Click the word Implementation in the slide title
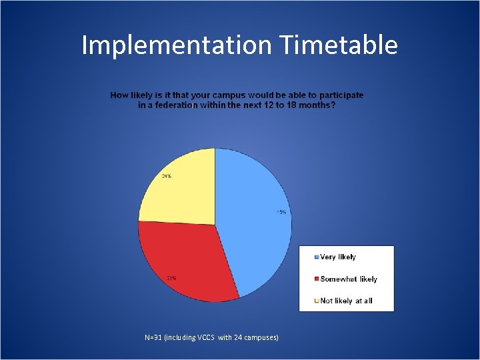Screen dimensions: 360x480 coord(175,45)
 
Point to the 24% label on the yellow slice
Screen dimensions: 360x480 coord(166,176)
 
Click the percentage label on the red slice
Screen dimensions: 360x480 coord(171,277)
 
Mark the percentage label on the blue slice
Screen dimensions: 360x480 coord(281,213)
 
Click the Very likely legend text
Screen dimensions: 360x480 coord(338,257)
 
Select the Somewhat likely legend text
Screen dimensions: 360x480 coord(348,279)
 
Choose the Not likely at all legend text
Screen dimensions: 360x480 coord(346,301)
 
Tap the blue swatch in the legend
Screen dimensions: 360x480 coord(317,257)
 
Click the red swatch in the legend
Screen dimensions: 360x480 coord(317,279)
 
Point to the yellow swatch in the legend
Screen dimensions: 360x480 coord(317,301)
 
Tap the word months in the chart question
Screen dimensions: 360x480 coord(314,105)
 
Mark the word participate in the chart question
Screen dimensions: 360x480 coord(340,95)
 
